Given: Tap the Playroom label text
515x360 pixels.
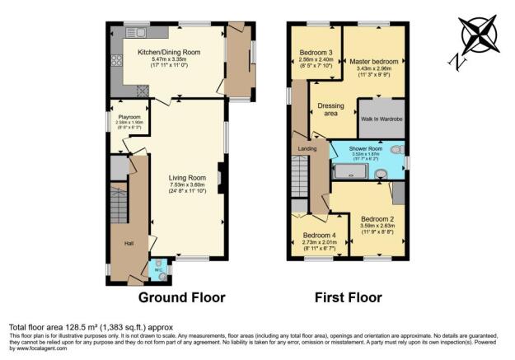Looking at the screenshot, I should [x=129, y=119].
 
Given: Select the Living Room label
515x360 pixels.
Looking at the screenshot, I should [x=187, y=177].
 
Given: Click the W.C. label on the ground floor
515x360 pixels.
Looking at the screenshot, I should [x=157, y=265].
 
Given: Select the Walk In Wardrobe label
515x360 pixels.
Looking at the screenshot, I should [x=380, y=119].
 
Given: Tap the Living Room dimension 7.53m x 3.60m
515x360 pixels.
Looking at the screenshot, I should [x=187, y=185].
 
